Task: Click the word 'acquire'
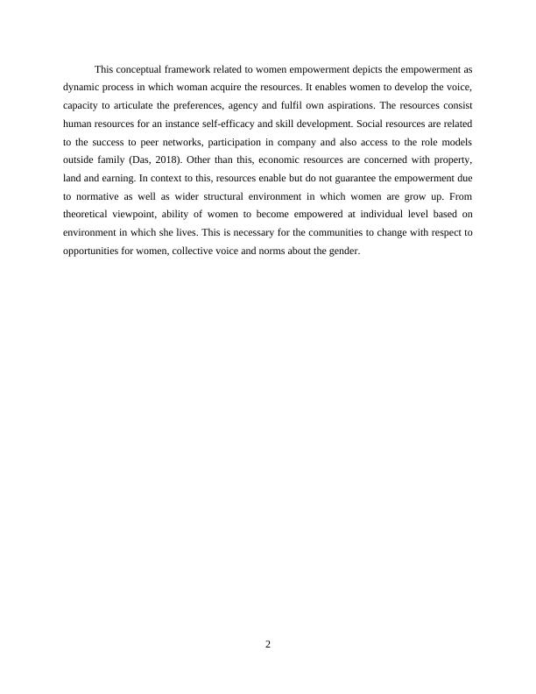click(216, 87)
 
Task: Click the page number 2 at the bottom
click(268, 646)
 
